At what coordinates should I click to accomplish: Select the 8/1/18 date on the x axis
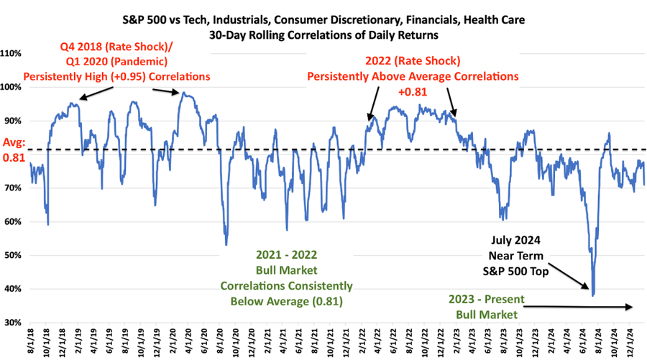point(29,341)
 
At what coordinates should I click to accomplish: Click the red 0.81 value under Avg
point(14,157)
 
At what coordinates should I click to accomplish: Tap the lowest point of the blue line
point(593,295)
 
